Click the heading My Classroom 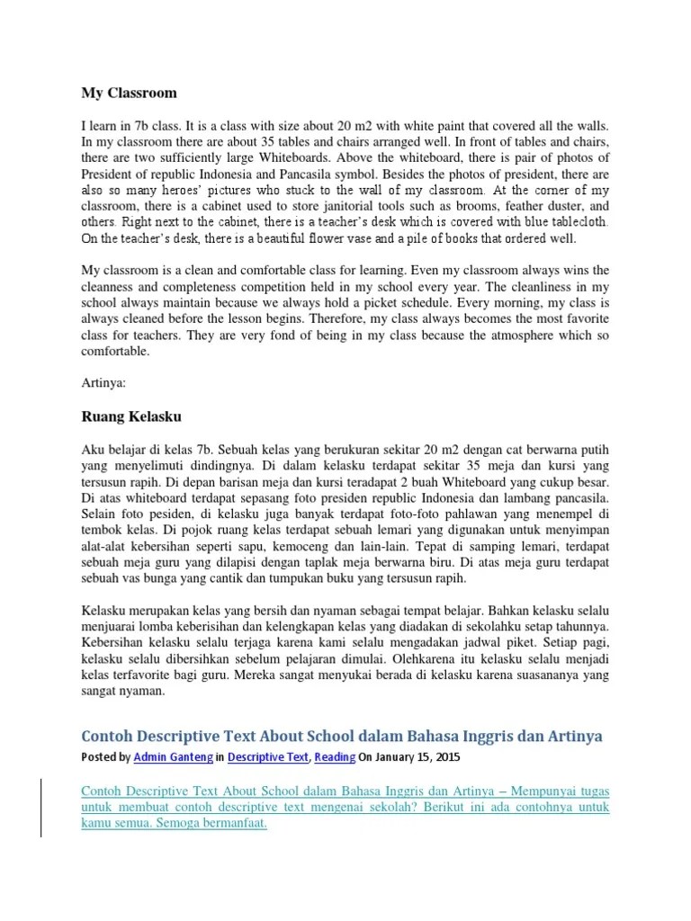(130, 93)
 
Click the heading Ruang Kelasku (131, 416)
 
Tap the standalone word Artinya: (104, 381)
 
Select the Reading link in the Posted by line (335, 758)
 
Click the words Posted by (105, 758)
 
